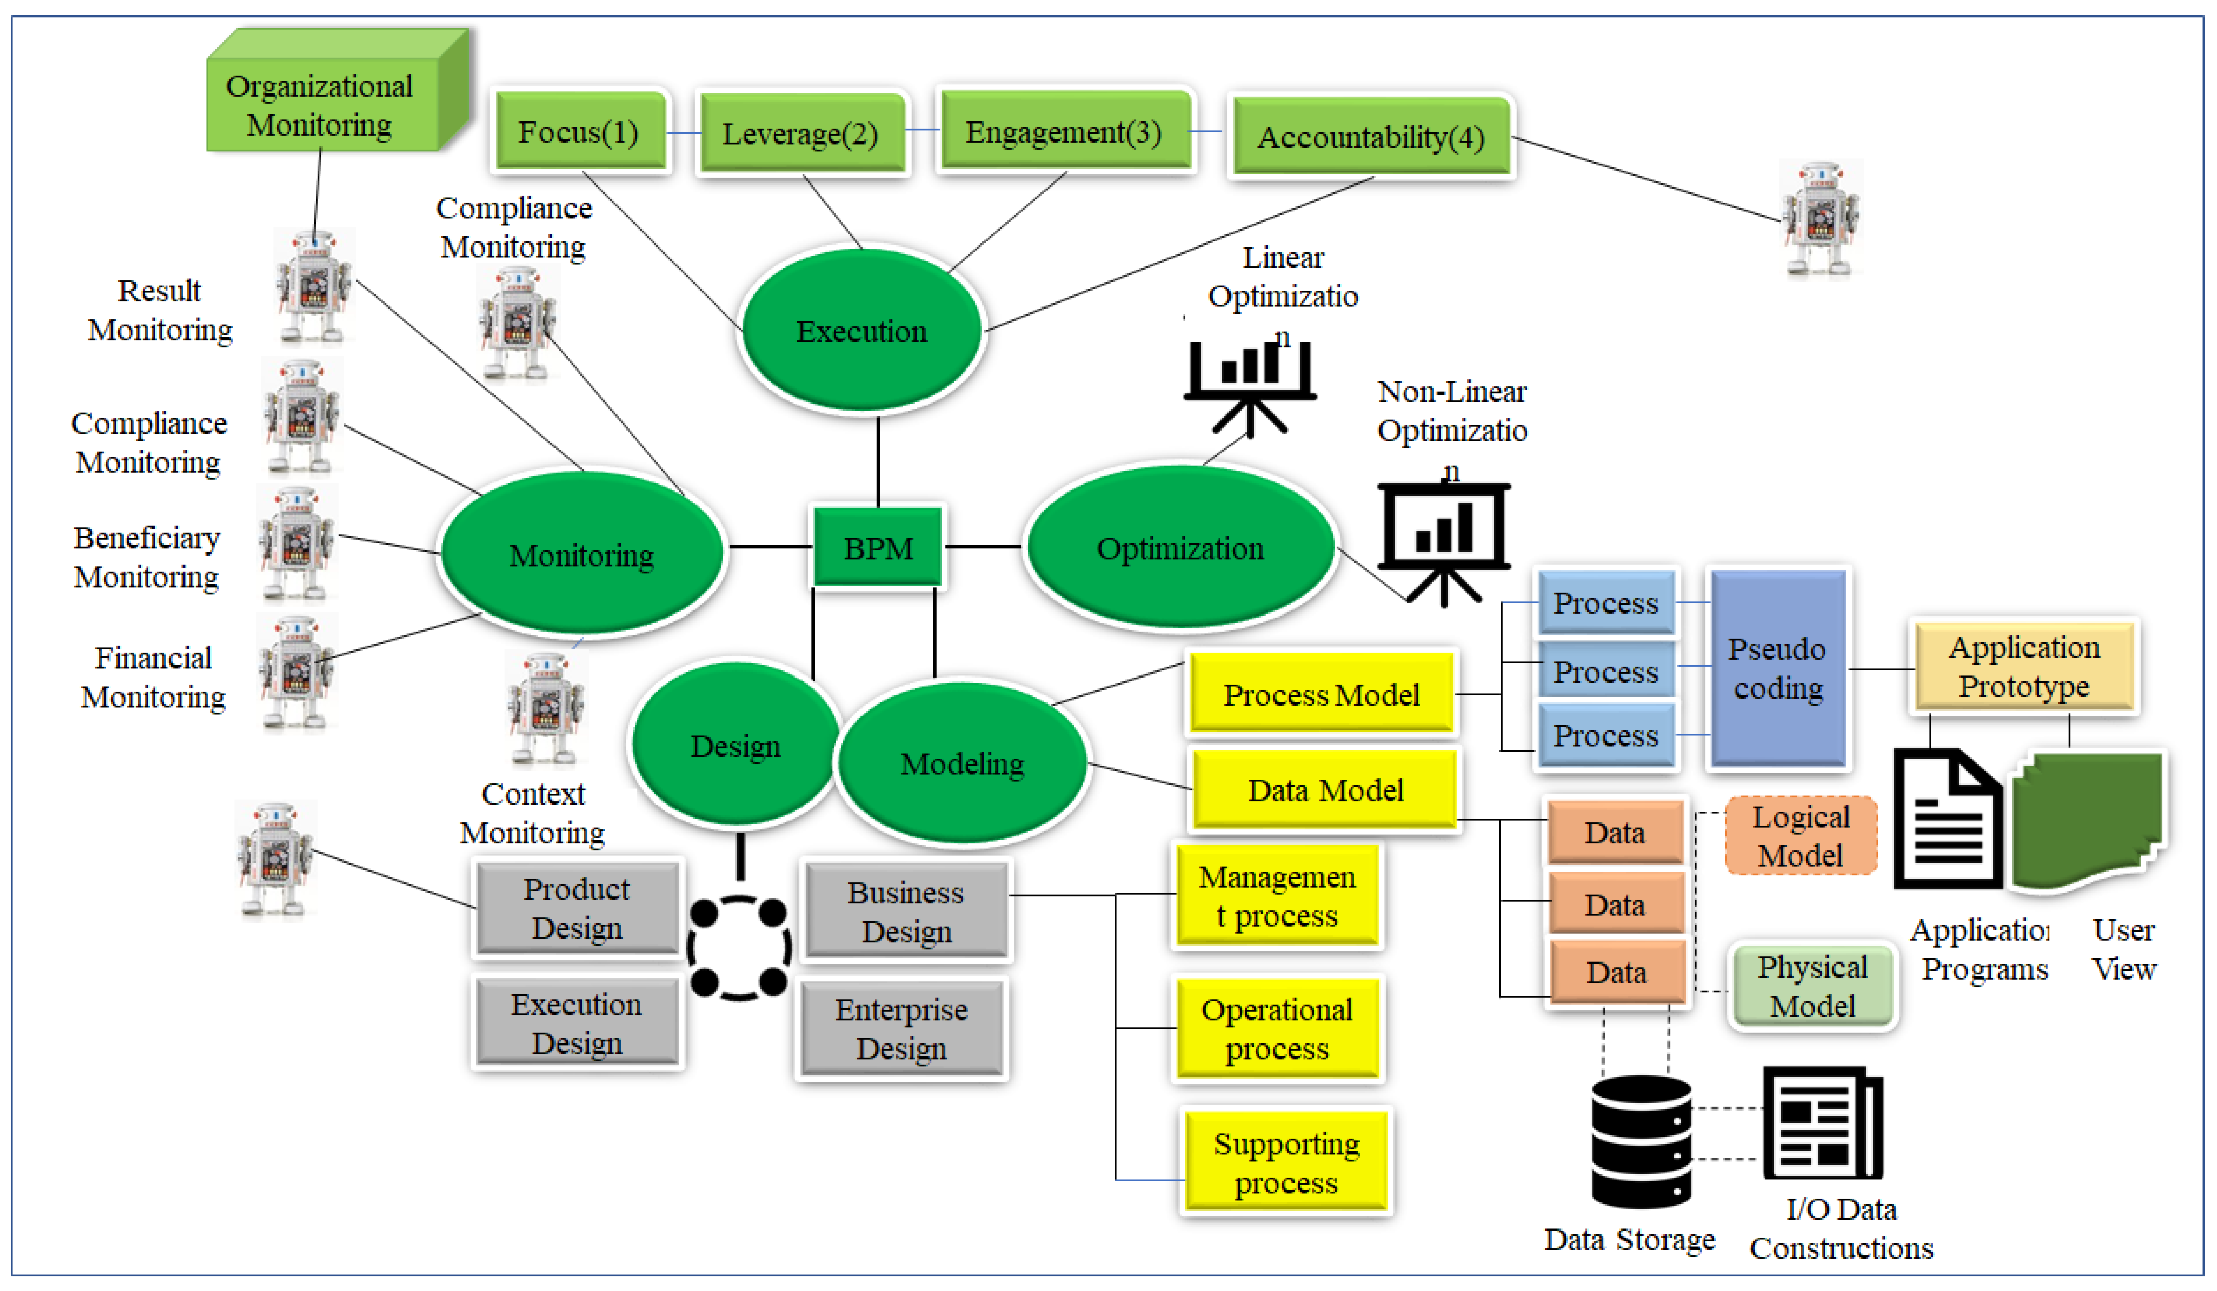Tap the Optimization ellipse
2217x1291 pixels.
pyautogui.click(x=1180, y=547)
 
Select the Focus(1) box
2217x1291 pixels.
pyautogui.click(x=579, y=132)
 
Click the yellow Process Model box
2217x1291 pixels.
pyautogui.click(x=1321, y=694)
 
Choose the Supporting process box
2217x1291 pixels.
pyautogui.click(x=1285, y=1161)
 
